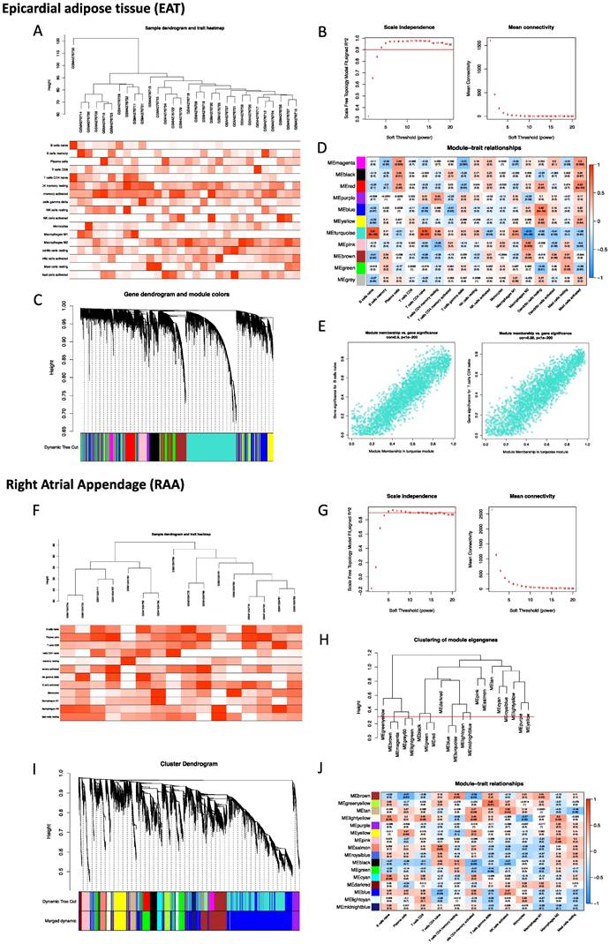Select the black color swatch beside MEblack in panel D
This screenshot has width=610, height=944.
325,176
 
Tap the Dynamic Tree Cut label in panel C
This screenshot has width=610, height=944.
52,453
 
